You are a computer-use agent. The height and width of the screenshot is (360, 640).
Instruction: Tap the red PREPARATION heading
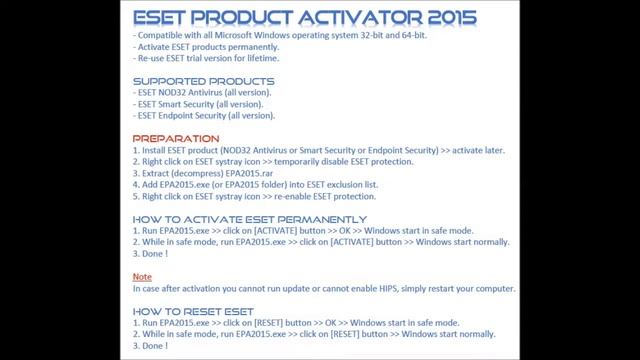(176, 138)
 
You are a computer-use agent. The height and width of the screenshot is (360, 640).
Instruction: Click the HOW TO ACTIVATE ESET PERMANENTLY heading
(250, 219)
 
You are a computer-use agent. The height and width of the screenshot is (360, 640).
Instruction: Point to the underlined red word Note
(142, 275)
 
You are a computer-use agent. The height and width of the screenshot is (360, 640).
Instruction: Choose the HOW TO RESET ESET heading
(194, 311)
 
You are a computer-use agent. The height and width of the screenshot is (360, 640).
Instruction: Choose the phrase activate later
(475, 150)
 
